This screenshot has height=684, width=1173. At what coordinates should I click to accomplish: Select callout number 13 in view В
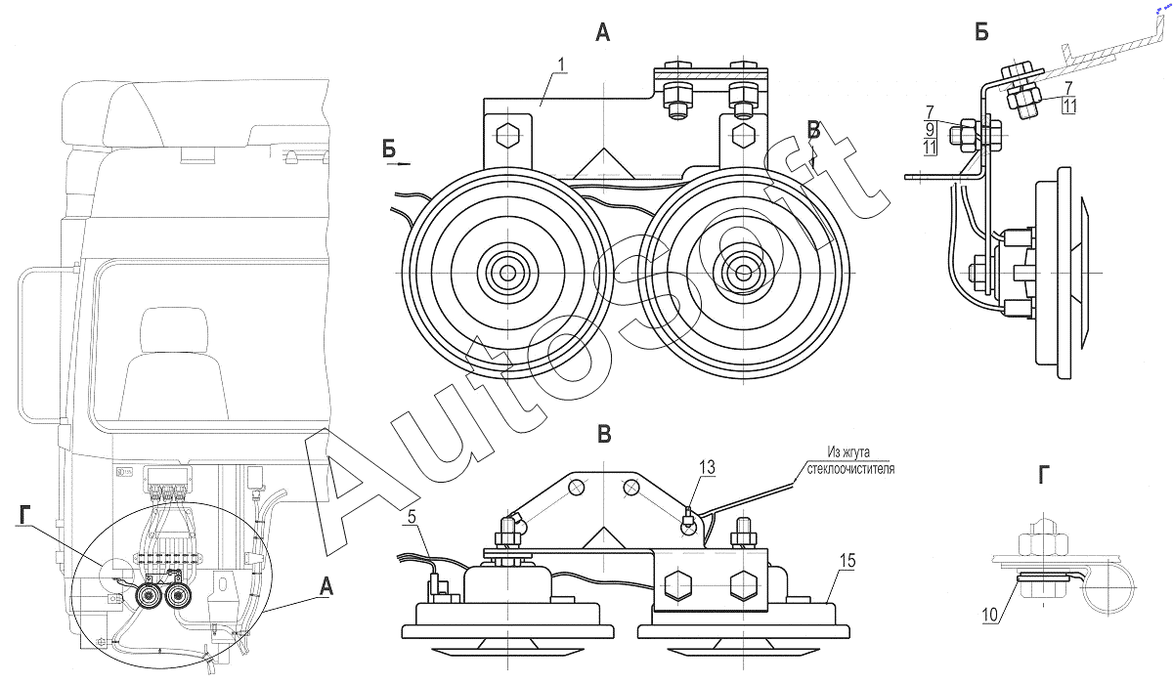(706, 468)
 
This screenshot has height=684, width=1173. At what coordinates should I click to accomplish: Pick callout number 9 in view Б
(931, 130)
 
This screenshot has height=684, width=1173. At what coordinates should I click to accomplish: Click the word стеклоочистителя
(846, 468)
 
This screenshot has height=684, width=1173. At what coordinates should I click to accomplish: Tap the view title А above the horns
(602, 33)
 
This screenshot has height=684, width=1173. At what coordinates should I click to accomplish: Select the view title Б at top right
(980, 33)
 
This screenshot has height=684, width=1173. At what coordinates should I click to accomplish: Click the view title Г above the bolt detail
(1045, 476)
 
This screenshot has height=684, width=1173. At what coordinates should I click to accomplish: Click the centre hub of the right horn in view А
(740, 272)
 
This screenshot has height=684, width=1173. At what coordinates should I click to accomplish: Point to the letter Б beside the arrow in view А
(389, 149)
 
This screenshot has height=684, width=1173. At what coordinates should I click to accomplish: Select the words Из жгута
(848, 452)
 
